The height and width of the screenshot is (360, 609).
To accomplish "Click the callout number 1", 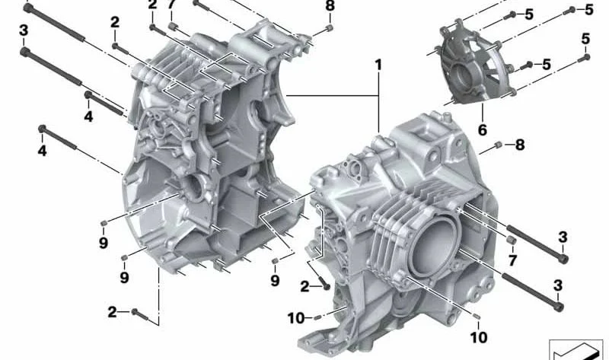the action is coord(378,65).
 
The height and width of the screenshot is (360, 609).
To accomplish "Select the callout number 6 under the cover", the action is coord(483,129).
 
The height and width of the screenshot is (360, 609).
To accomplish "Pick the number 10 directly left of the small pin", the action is coord(296,318).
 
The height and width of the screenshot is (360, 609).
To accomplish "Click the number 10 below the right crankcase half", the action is coord(479,337).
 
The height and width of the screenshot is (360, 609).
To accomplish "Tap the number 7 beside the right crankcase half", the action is coord(512,260).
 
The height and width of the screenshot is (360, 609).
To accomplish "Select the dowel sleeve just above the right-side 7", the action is coord(512,240).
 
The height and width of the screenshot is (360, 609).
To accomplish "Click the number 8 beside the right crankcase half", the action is coord(520,145).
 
